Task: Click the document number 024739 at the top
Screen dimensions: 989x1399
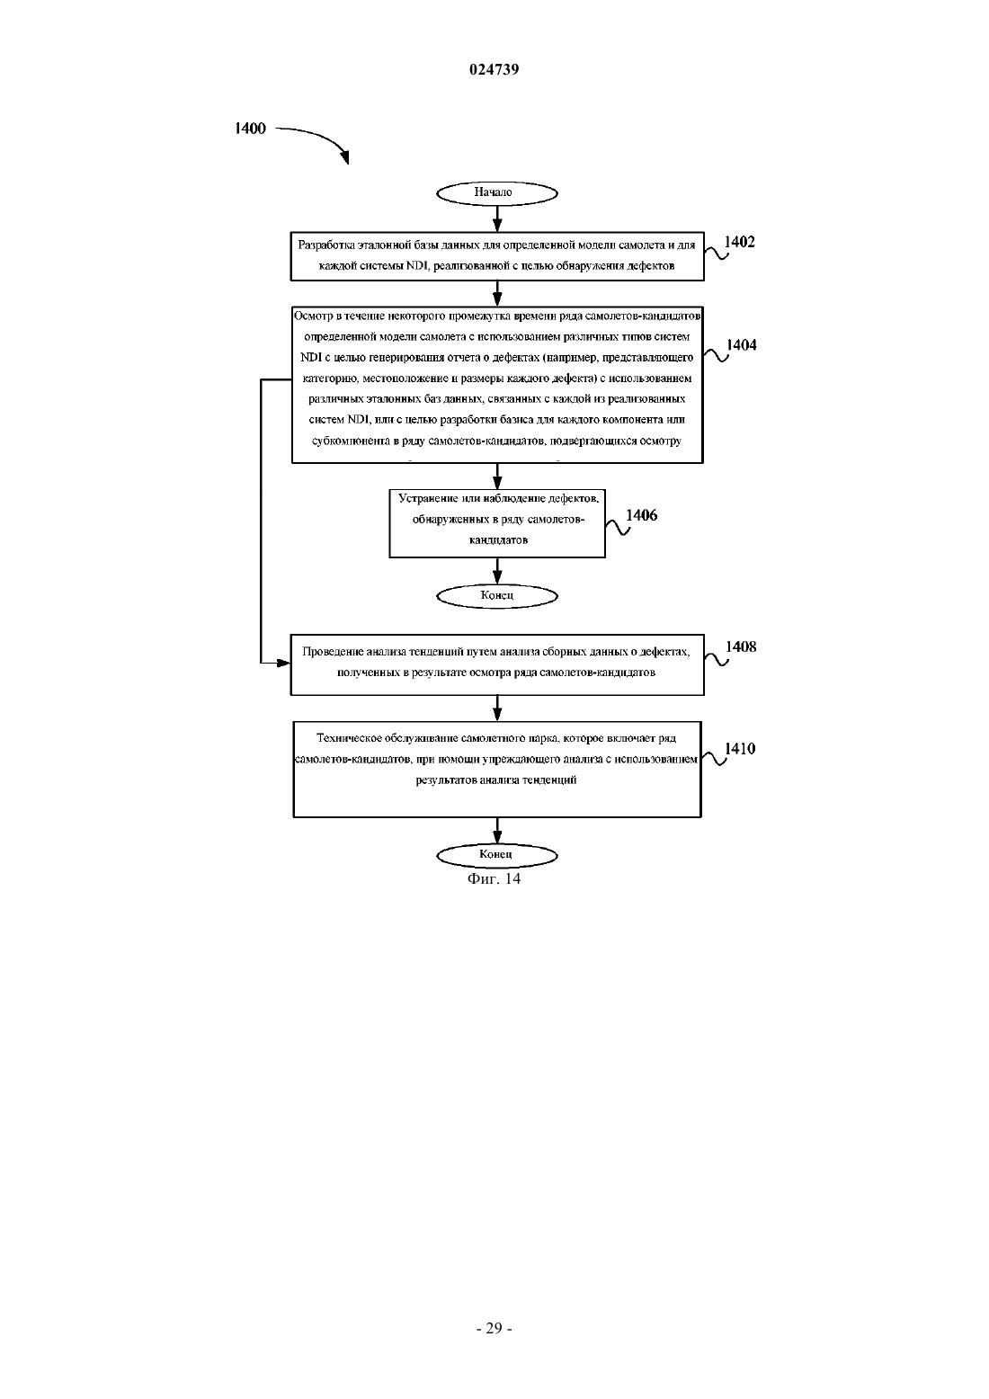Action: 494,69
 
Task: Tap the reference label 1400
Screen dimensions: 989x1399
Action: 250,129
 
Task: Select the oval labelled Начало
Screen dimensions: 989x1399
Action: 497,193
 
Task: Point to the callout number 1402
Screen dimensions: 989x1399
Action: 739,243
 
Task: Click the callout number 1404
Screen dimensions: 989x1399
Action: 741,345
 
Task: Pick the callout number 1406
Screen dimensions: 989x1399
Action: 641,515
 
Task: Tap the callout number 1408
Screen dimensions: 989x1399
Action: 741,647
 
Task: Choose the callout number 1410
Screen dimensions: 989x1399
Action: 740,749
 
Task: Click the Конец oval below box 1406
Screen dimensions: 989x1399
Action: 497,596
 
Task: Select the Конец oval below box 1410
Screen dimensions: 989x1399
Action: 497,855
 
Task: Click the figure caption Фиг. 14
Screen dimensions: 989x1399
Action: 494,878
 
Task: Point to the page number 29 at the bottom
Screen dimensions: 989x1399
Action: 494,1329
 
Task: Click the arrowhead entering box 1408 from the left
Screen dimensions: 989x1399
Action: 284,663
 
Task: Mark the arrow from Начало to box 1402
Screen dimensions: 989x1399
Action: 497,218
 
